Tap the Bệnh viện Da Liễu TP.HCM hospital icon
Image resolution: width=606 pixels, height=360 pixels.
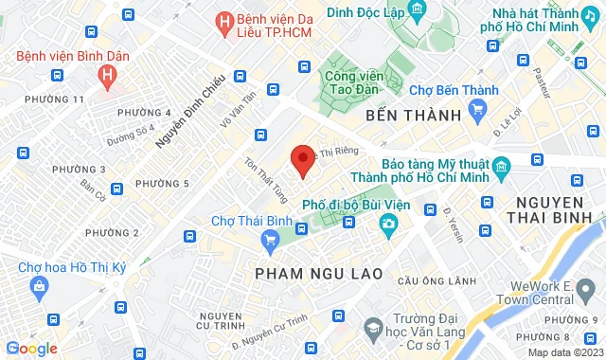pos(224,21)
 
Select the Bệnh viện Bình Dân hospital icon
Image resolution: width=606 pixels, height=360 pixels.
pos(110,73)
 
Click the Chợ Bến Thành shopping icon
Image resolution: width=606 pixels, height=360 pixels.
pos(477,111)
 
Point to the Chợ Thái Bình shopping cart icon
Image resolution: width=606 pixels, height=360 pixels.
pos(271,238)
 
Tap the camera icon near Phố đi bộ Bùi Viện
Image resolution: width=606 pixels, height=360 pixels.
pos(388,224)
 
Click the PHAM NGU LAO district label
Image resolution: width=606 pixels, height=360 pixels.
pos(319,273)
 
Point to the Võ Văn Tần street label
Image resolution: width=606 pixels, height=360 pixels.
pos(238,109)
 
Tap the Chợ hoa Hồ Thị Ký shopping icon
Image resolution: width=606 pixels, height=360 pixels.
pos(40,285)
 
